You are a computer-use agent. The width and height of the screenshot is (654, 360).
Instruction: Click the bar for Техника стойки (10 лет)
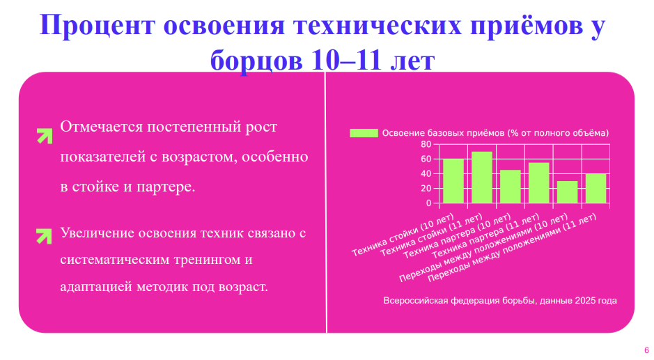click(x=453, y=181)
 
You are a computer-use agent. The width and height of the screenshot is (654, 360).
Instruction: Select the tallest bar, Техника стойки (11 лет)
click(x=482, y=178)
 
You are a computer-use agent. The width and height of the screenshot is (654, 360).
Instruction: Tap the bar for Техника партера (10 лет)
click(x=510, y=187)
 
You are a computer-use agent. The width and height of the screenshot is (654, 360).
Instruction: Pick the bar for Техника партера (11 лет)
click(x=539, y=183)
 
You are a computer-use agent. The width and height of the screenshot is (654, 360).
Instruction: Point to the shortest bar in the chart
click(x=567, y=192)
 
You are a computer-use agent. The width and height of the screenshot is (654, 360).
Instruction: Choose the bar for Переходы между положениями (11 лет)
click(x=595, y=189)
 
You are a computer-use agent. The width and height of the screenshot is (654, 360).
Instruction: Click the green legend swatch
click(x=364, y=133)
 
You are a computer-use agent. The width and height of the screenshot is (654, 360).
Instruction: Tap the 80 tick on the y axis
click(x=426, y=144)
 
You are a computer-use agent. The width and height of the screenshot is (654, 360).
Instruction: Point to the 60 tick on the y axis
click(x=426, y=159)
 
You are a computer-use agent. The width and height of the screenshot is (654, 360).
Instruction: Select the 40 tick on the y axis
click(x=426, y=174)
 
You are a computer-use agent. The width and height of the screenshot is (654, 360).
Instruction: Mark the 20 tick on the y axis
click(x=426, y=189)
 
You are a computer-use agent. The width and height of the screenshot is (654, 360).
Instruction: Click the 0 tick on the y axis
click(x=429, y=203)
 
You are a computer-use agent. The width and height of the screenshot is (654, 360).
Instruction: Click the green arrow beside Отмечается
click(x=45, y=136)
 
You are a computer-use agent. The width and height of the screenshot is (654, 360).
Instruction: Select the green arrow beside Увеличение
click(x=44, y=236)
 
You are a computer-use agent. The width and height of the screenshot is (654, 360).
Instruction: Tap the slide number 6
click(x=646, y=350)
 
